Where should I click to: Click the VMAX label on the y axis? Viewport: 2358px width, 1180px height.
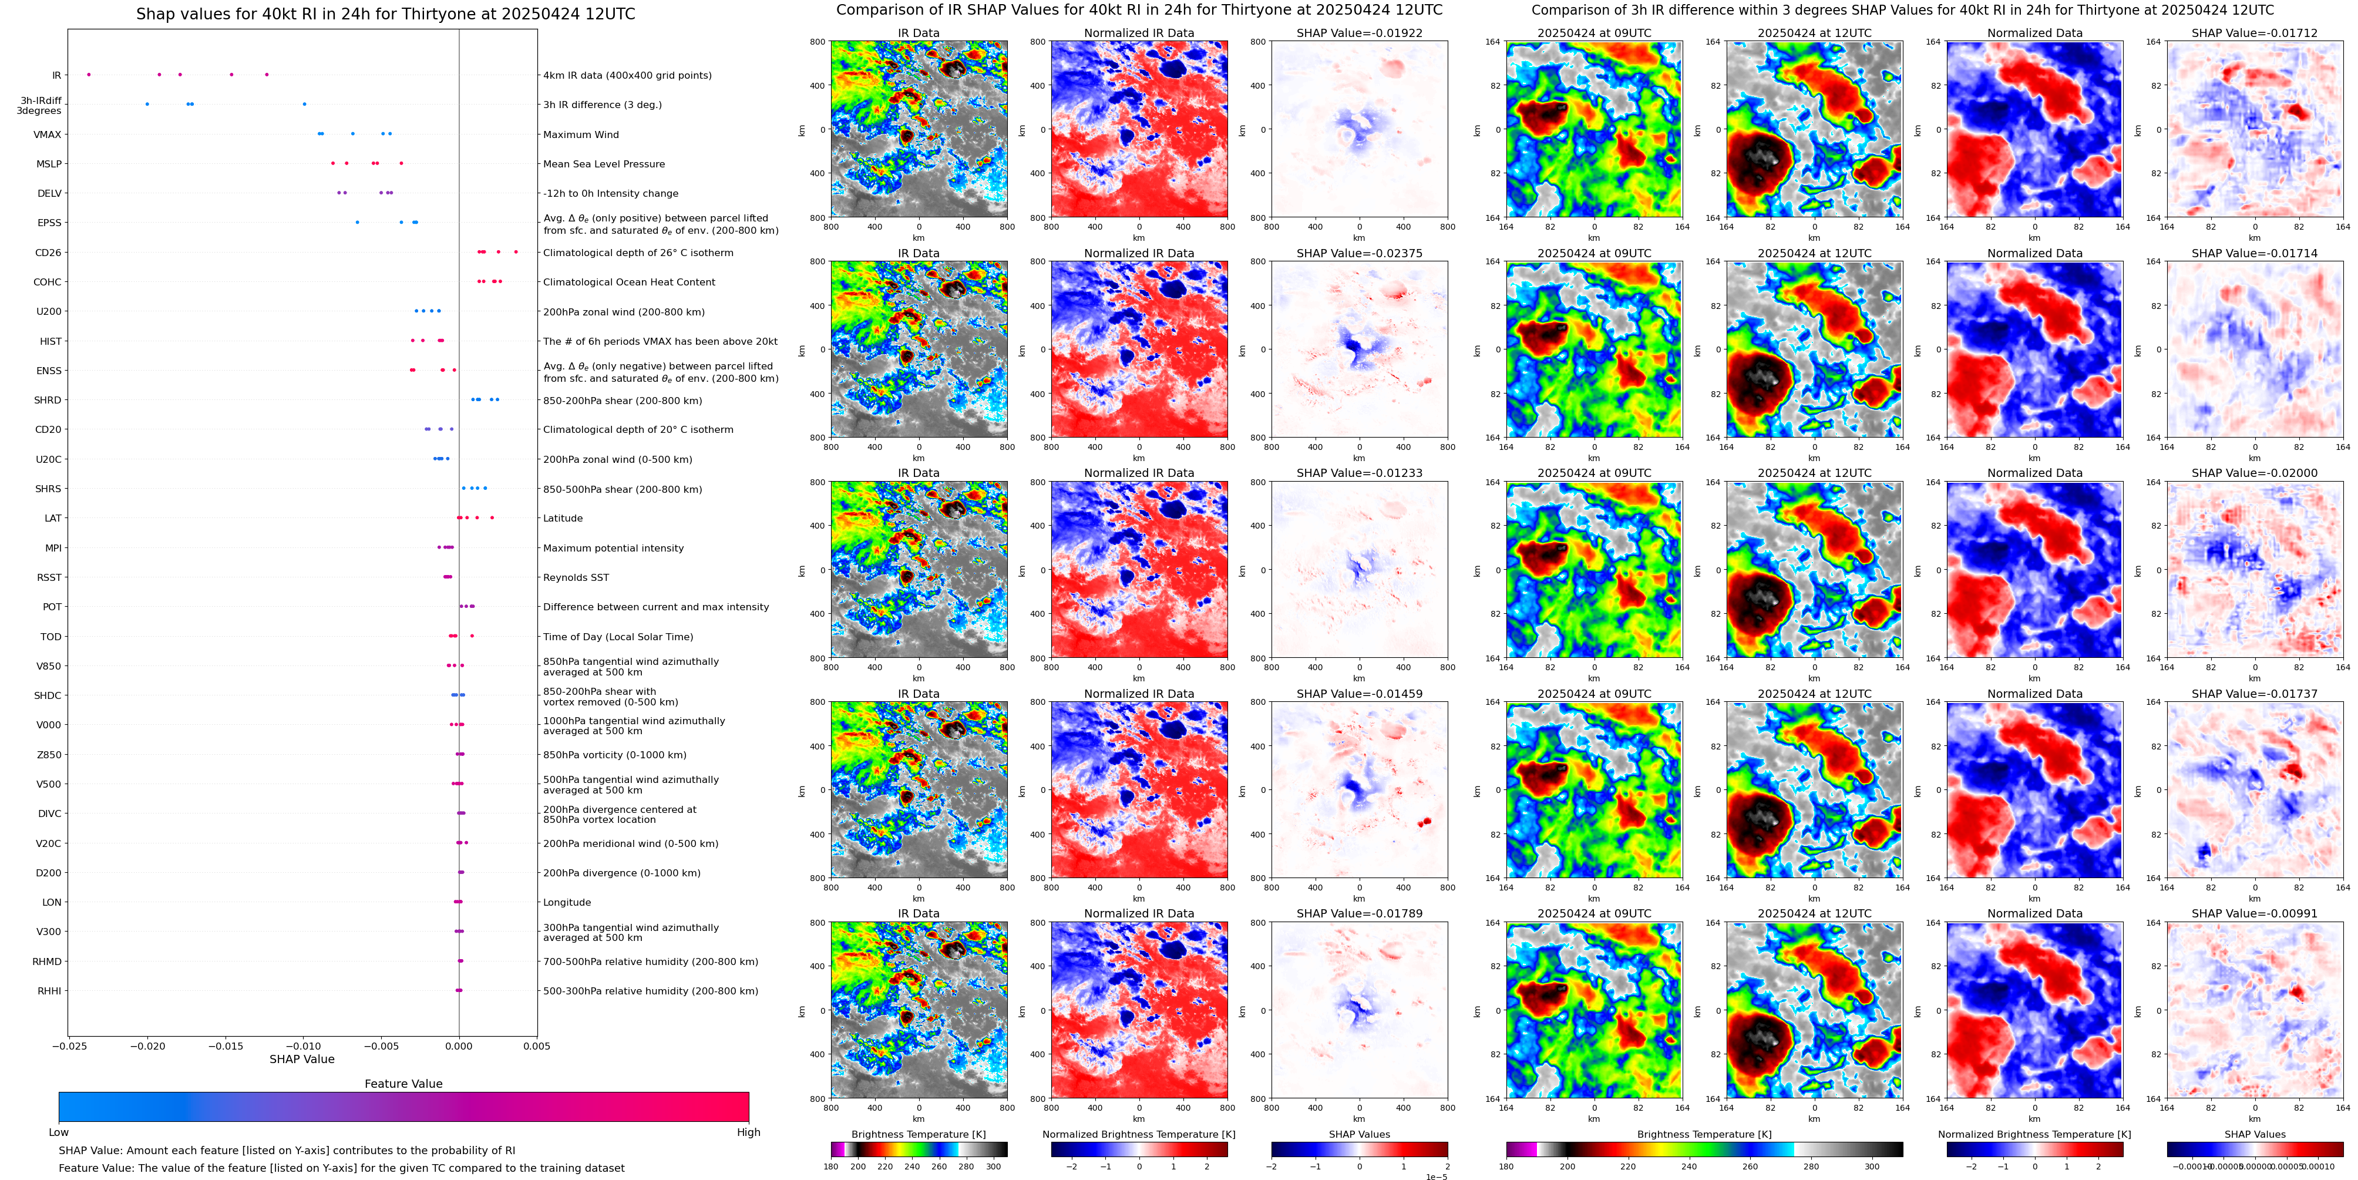tap(48, 135)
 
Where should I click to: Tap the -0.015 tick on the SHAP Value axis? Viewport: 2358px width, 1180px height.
tap(224, 1045)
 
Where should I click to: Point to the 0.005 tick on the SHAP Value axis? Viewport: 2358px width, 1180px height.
tap(536, 1045)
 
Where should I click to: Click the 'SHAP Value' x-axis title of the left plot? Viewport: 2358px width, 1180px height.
tap(301, 1059)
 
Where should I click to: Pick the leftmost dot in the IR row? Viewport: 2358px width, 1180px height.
tap(89, 74)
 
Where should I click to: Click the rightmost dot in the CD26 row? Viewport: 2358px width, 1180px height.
tap(516, 252)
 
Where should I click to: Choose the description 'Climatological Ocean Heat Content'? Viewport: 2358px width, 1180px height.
tap(629, 282)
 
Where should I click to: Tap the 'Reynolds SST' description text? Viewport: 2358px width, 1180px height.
tap(576, 577)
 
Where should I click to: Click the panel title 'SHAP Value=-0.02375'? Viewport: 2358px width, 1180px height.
tap(1360, 254)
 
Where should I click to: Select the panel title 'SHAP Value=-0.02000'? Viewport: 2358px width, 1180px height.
tap(2255, 473)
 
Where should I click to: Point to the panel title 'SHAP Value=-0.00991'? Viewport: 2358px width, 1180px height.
tap(2255, 913)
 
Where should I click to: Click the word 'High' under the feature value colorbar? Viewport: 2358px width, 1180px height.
tap(748, 1132)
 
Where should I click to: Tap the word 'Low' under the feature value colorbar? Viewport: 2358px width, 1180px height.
tap(59, 1132)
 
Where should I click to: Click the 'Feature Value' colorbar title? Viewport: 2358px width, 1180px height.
tap(403, 1084)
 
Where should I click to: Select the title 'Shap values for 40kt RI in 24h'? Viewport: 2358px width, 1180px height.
tap(385, 14)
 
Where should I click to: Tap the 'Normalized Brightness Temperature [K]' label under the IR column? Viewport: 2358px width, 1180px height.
tap(1139, 1134)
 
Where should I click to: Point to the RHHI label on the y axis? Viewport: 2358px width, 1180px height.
tap(49, 990)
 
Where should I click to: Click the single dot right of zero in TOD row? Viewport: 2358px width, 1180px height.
tap(472, 636)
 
